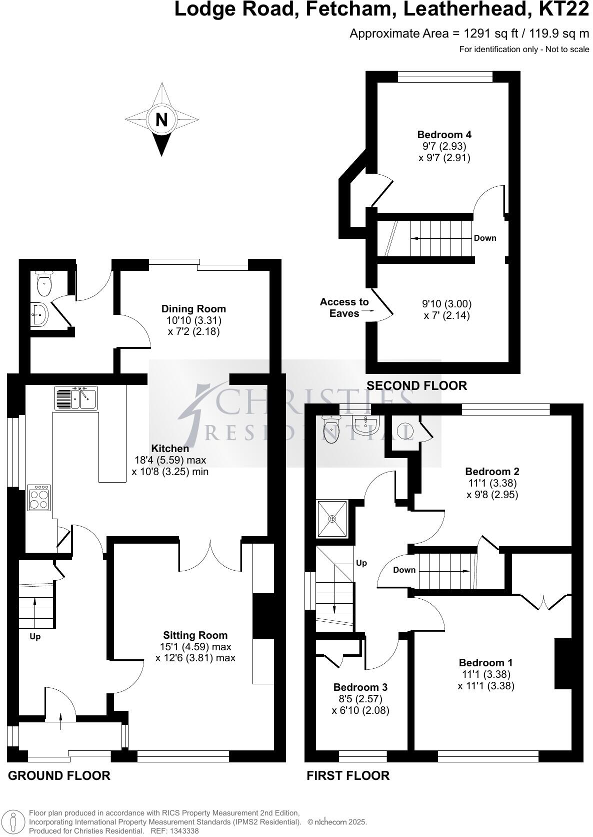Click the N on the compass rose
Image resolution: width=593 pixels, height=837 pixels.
tap(161, 120)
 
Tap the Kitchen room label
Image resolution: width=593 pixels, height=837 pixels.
tap(170, 449)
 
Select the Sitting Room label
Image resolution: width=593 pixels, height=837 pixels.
tap(195, 635)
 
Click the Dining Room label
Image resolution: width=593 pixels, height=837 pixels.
tap(193, 309)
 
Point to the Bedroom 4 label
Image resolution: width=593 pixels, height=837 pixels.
tap(444, 135)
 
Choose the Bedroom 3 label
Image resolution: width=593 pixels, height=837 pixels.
tap(360, 687)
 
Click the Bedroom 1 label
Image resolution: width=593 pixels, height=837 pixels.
tap(485, 663)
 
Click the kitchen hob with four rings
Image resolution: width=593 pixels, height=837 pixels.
tap(39, 498)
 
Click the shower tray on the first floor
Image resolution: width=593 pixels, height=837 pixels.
tap(332, 518)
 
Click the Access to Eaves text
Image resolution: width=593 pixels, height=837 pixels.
tap(344, 307)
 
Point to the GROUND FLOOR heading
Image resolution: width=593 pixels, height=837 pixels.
tap(59, 775)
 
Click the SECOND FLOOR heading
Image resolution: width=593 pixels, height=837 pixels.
tap(416, 385)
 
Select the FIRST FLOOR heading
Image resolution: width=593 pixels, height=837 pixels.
tap(347, 775)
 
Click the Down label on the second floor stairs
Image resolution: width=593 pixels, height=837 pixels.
tap(484, 238)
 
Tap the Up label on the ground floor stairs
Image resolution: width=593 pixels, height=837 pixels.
tap(35, 637)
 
